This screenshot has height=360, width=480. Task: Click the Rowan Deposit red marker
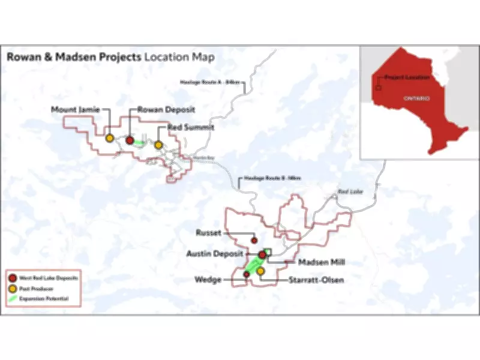[x=130, y=140]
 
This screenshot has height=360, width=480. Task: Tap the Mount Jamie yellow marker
[x=110, y=138]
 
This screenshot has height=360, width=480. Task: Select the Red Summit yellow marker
[x=158, y=145]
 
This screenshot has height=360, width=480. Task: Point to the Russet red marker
[x=254, y=240]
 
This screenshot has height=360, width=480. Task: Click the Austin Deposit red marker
[x=262, y=256]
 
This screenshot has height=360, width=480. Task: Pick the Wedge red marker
[x=246, y=274]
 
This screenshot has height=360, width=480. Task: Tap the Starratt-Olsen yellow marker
[x=260, y=271]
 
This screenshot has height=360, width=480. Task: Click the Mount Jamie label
[x=76, y=109]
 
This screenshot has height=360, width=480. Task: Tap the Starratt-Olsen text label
[x=316, y=280]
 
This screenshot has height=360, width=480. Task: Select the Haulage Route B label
[x=269, y=178]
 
